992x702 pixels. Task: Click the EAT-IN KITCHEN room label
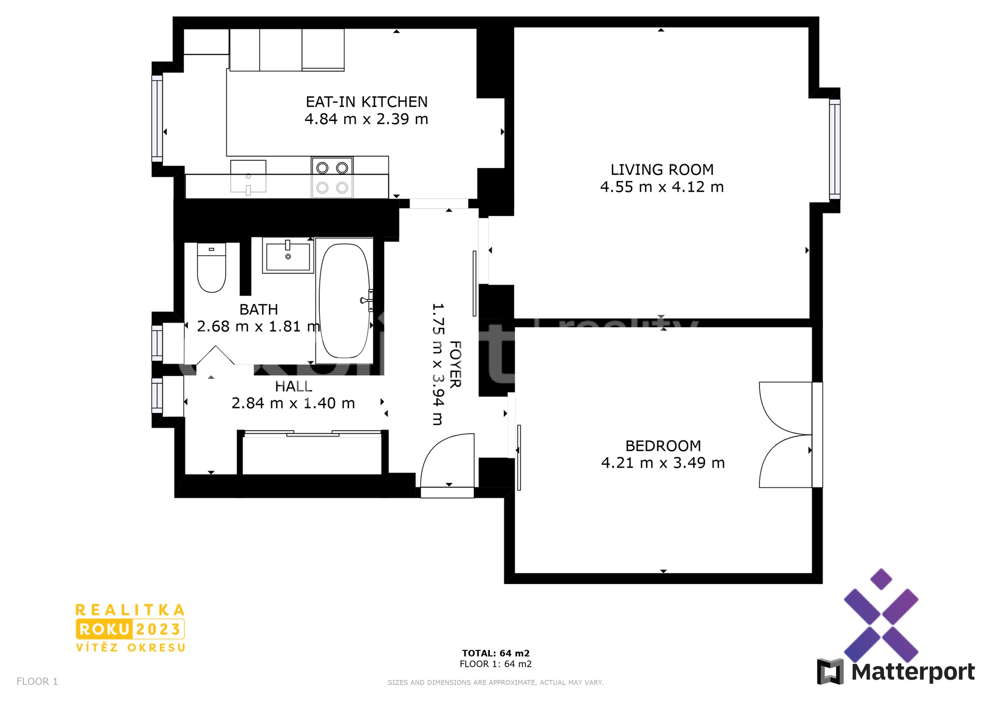[x=367, y=102]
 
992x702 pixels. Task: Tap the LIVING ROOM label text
[x=662, y=170]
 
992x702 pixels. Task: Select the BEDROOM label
[x=663, y=446]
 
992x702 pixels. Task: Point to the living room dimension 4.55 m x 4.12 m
[x=662, y=187]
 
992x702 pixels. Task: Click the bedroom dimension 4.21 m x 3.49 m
[x=663, y=463]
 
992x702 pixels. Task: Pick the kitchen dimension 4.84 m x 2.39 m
[x=367, y=119]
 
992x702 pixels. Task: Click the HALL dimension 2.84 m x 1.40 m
[x=293, y=403]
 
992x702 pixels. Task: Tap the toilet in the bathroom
[x=212, y=268]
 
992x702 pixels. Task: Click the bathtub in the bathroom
[x=345, y=301]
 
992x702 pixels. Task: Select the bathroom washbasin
[x=288, y=255]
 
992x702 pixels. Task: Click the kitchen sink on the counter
[x=248, y=177]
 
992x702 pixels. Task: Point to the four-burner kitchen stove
[x=332, y=177]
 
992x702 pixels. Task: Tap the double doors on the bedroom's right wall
[x=791, y=435]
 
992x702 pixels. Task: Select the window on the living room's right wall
[x=835, y=149]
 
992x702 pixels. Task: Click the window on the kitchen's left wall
[x=157, y=118]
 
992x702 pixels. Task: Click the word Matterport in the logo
[x=913, y=672]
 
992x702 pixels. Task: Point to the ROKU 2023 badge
[x=130, y=629]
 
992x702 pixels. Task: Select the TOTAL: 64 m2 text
[x=496, y=653]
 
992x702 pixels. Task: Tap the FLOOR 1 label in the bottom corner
[x=37, y=681]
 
